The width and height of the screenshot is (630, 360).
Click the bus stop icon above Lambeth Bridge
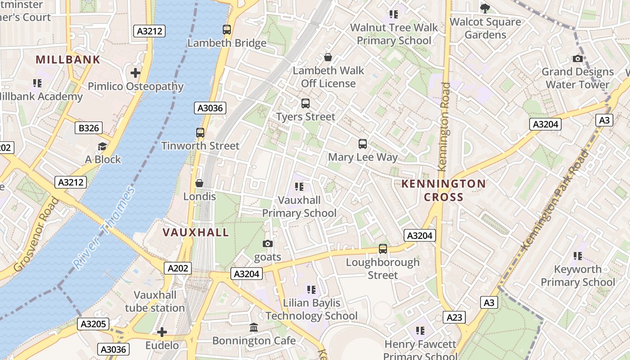tap(227, 30)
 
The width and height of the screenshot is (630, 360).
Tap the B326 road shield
tap(89, 128)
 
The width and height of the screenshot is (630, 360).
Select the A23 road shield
tap(454, 317)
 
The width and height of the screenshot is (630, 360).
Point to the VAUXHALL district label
tap(196, 232)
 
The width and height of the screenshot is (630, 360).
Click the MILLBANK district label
tap(68, 59)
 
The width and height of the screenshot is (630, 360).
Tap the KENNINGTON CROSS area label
tap(443, 190)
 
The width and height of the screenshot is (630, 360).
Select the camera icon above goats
tap(268, 243)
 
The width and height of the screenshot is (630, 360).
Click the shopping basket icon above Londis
tap(199, 183)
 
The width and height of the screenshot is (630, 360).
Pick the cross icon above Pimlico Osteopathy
tap(135, 72)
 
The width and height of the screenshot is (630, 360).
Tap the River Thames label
tap(104, 228)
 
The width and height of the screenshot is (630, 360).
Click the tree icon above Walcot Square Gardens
tap(485, 8)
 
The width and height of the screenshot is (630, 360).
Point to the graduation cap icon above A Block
tap(103, 146)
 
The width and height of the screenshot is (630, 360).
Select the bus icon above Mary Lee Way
tap(363, 144)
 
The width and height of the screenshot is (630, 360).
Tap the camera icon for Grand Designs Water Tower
tap(577, 58)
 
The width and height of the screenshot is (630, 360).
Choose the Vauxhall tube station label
tap(155, 301)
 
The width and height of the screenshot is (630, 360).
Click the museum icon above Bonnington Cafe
tap(254, 327)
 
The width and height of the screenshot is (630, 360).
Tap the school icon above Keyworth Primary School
tap(578, 256)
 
